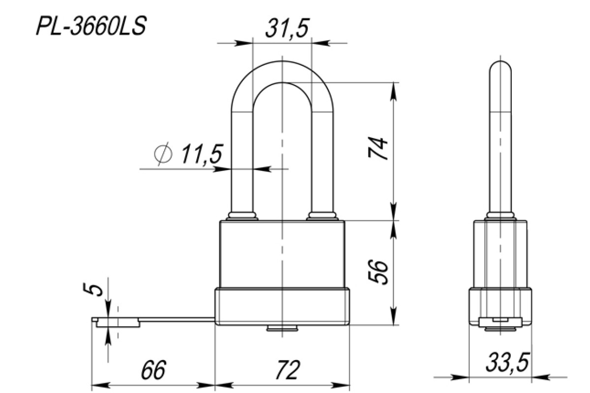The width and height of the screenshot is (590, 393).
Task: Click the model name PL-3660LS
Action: click(91, 26)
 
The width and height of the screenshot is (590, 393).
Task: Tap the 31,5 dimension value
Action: click(287, 28)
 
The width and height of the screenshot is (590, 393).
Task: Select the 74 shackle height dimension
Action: click(378, 148)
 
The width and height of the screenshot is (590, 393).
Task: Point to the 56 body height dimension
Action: click(378, 272)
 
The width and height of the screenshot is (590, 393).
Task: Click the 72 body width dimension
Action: click(287, 370)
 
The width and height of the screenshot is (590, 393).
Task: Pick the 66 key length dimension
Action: click(153, 370)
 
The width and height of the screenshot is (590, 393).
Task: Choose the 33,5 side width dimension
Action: click(507, 363)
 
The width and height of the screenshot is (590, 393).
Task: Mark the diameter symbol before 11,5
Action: click(163, 154)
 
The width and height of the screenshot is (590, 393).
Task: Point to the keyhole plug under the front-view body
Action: click(282, 328)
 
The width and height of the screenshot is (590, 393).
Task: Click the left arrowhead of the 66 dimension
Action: click(100, 386)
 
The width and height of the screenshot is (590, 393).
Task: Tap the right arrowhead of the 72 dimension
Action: click(341, 386)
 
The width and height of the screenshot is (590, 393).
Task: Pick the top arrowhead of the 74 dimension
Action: click(393, 91)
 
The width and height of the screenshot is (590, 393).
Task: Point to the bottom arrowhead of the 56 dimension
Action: click(393, 316)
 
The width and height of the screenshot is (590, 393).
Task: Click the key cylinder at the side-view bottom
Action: click(500, 329)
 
